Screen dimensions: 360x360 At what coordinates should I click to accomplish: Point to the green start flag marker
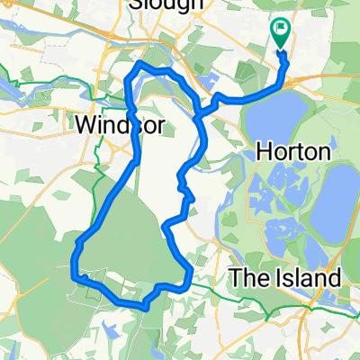click(x=280, y=34)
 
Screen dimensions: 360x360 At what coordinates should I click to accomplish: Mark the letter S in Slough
click(x=135, y=5)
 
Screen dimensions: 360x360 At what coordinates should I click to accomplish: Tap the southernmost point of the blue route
click(x=144, y=309)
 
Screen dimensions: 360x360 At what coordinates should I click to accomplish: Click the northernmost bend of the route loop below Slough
click(x=140, y=65)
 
